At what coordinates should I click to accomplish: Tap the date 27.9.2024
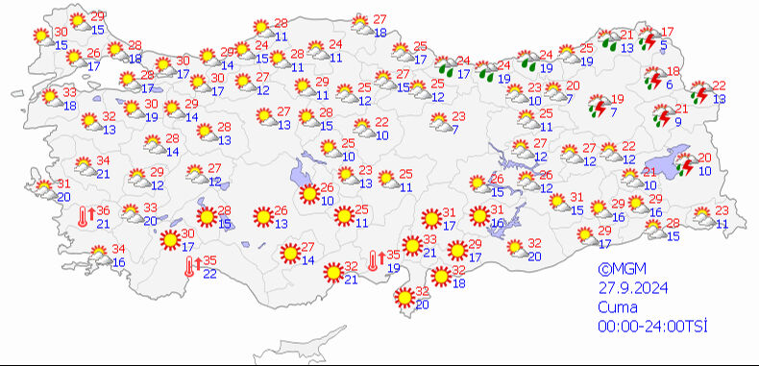(x=630, y=287)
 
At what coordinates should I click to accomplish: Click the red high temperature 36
(x=103, y=211)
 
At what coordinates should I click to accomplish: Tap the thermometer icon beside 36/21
(x=85, y=218)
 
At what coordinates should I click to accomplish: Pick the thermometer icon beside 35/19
(x=376, y=261)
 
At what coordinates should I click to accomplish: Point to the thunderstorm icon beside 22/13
(x=700, y=93)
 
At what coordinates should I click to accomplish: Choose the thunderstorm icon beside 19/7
(x=599, y=106)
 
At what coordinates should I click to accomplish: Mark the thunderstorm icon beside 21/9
(x=661, y=116)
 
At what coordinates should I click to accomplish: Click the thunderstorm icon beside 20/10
(x=685, y=165)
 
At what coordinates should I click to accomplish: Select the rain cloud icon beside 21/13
(x=609, y=40)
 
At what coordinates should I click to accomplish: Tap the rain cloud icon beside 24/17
(x=446, y=67)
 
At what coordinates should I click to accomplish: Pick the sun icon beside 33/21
(x=412, y=246)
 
